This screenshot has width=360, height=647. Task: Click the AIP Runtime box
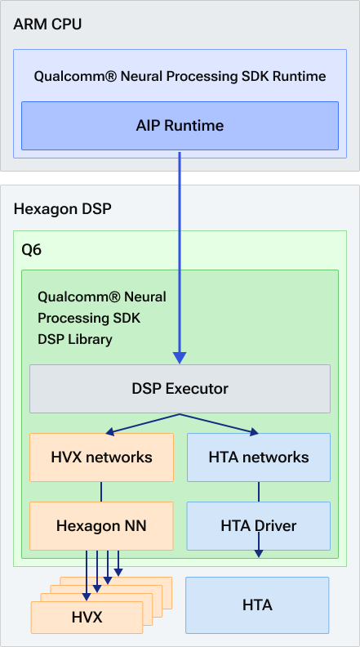(x=180, y=126)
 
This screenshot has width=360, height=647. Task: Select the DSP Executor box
(x=180, y=389)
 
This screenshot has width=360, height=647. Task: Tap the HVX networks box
(x=102, y=457)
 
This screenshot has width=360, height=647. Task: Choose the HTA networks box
(x=258, y=457)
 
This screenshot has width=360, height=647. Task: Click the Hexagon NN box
(x=102, y=525)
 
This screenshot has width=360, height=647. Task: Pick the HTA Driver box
(x=258, y=525)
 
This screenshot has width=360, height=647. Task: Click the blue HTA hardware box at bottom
(x=257, y=605)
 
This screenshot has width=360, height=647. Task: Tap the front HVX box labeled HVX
(x=87, y=617)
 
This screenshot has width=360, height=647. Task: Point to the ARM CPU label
(x=47, y=24)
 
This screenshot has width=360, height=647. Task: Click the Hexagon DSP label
(x=62, y=209)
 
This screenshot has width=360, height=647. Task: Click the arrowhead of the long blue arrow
(x=180, y=358)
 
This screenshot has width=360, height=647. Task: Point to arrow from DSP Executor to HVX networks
(x=139, y=423)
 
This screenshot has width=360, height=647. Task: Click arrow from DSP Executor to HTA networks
(x=220, y=423)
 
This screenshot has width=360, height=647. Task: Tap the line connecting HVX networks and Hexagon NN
(x=101, y=491)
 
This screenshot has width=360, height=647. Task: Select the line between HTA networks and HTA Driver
(x=259, y=491)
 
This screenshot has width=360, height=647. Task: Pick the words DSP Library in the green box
(x=75, y=339)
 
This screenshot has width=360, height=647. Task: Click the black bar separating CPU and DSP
(x=180, y=177)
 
